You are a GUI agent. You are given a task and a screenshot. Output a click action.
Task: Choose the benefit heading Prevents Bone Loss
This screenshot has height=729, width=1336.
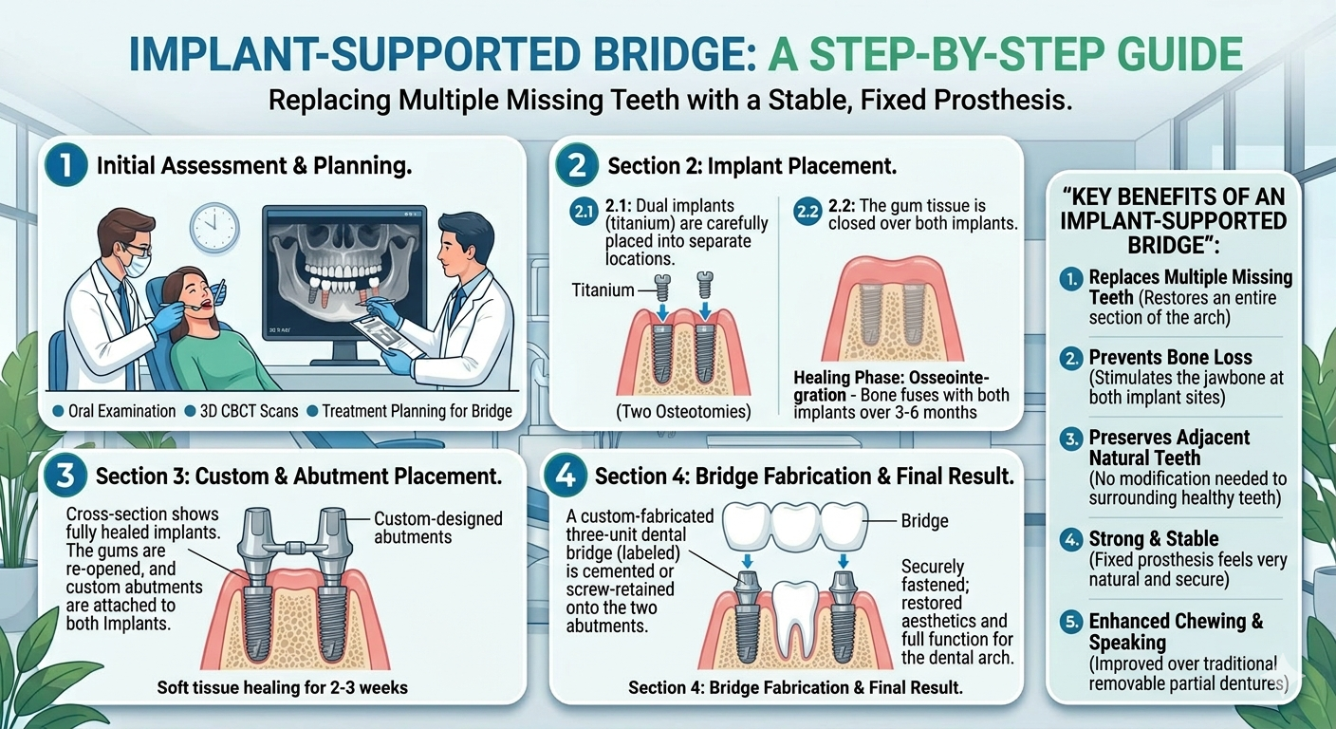1170,358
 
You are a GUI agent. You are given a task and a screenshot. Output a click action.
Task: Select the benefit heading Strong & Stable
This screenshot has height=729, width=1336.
1154,539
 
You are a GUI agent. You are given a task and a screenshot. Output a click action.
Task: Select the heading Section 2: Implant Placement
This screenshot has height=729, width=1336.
752,166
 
